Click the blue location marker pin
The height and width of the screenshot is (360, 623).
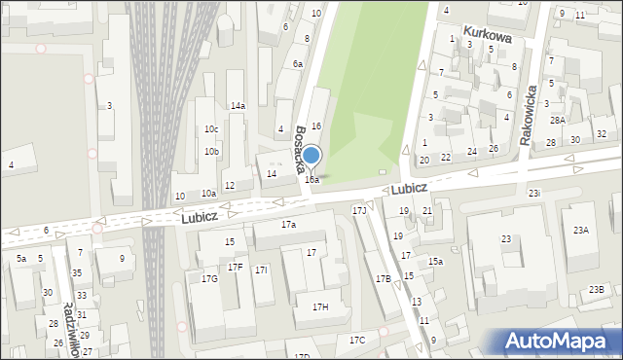click(x=311, y=156)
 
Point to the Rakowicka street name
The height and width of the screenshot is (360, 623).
click(x=530, y=113)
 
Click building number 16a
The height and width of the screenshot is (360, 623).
click(x=311, y=180)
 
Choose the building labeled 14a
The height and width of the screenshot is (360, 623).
click(x=238, y=106)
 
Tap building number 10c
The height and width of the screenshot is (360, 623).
click(x=211, y=129)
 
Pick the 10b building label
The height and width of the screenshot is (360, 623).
click(x=211, y=152)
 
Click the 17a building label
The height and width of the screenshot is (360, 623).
click(x=288, y=225)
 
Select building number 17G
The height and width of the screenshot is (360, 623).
click(x=209, y=279)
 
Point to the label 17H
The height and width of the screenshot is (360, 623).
click(x=320, y=307)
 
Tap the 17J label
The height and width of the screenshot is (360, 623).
click(x=359, y=210)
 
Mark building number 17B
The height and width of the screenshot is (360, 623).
click(x=383, y=279)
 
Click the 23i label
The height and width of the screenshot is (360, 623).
click(x=534, y=194)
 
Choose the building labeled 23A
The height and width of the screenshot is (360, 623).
click(x=581, y=231)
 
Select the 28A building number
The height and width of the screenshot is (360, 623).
click(x=557, y=120)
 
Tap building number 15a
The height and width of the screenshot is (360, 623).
click(x=436, y=262)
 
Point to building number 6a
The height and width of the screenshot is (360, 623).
click(x=298, y=64)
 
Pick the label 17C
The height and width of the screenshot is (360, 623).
click(x=357, y=340)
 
